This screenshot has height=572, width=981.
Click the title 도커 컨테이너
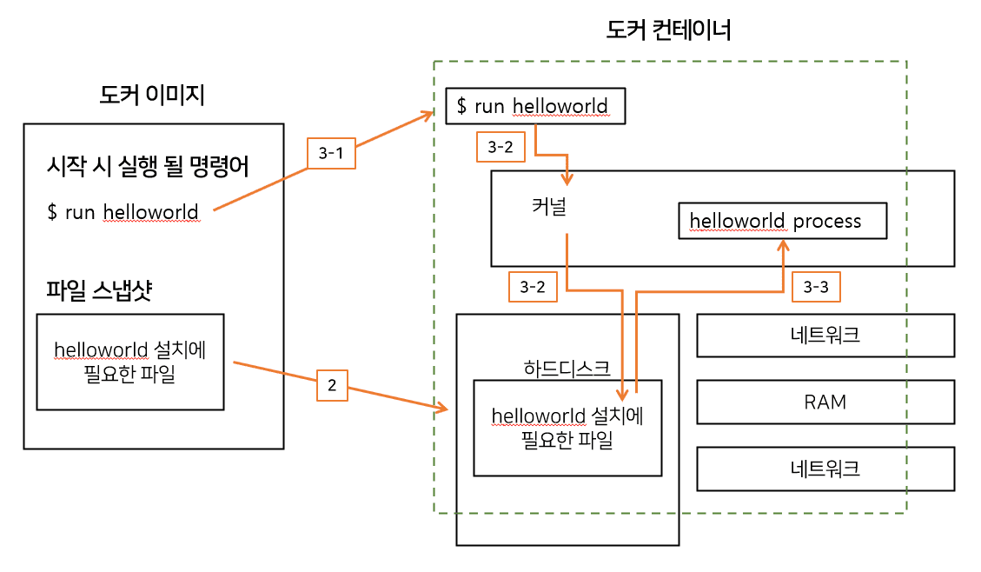[x=668, y=31]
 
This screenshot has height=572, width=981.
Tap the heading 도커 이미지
[x=152, y=95]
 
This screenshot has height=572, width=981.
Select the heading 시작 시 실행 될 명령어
[x=148, y=166]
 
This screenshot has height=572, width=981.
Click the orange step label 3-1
[x=331, y=153]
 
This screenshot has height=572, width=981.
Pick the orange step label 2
[x=331, y=385]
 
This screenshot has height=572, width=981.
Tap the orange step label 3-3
[x=817, y=286]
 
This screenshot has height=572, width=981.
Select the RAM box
[x=825, y=402]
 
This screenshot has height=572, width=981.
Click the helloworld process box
[x=782, y=221]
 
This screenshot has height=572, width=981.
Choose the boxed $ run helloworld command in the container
[x=534, y=107]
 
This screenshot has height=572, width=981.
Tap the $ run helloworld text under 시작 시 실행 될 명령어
[x=123, y=211]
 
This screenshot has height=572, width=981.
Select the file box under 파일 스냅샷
[x=130, y=362]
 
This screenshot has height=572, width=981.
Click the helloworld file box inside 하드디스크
[x=567, y=428]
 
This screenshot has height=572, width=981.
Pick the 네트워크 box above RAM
[x=825, y=335]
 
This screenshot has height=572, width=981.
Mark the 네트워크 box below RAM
[x=825, y=469]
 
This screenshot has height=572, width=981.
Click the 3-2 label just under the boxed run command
[x=500, y=147]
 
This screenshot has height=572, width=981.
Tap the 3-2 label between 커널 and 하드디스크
[x=531, y=286]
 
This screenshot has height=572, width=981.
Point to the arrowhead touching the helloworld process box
[x=782, y=247]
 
